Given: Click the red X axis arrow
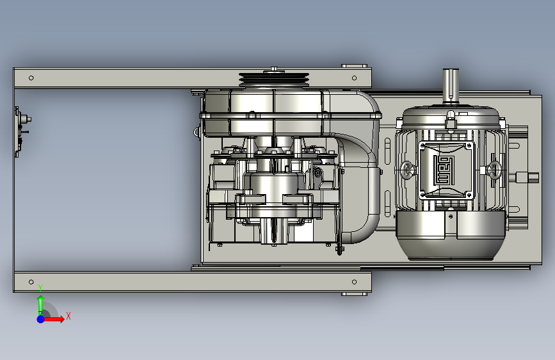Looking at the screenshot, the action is [x=53, y=319].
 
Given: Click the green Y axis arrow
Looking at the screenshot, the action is [x=40, y=304].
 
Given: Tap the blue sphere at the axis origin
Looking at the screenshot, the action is [x=41, y=319].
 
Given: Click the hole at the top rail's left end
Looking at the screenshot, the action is [x=31, y=78].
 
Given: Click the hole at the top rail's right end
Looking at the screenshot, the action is [x=354, y=78].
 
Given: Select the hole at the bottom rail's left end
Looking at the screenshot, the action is [x=31, y=282].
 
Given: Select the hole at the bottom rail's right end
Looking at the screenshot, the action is [x=354, y=282].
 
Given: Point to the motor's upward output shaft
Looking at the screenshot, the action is [x=451, y=86].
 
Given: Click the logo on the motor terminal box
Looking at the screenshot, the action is [x=446, y=169].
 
